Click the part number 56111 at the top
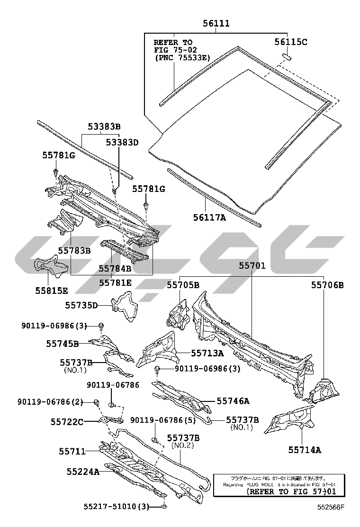(x=216, y=23)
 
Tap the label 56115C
(x=291, y=42)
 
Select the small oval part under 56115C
(x=287, y=57)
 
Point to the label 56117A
(x=209, y=218)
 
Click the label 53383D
(x=122, y=142)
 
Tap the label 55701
(x=252, y=267)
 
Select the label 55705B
(x=183, y=285)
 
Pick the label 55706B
(x=327, y=285)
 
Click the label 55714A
(x=305, y=450)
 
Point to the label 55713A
(x=207, y=353)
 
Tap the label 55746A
(x=233, y=401)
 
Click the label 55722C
(x=67, y=421)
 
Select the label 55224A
(x=83, y=472)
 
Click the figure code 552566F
(x=331, y=507)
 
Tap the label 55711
(x=72, y=451)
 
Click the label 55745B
(x=63, y=343)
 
